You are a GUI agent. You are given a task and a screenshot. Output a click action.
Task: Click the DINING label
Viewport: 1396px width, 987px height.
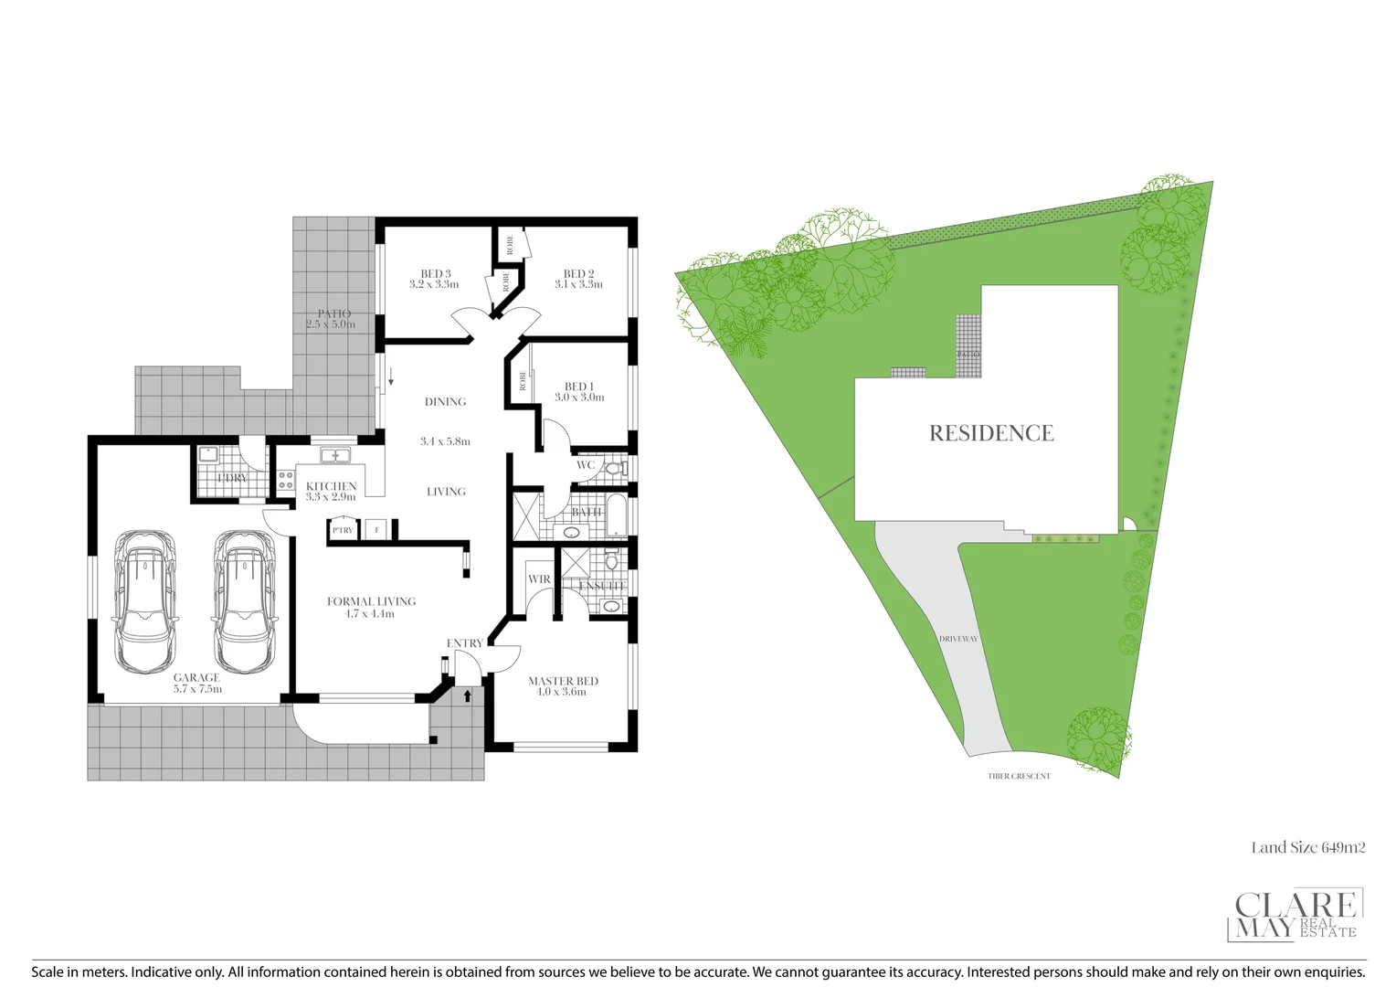click(445, 402)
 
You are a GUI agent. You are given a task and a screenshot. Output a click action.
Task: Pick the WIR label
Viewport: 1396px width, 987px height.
click(539, 578)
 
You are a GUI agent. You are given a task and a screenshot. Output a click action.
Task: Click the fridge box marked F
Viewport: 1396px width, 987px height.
click(376, 529)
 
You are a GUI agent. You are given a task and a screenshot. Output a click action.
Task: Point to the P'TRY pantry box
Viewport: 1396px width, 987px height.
click(343, 529)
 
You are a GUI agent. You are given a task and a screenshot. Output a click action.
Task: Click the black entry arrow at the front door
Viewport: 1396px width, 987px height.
click(469, 696)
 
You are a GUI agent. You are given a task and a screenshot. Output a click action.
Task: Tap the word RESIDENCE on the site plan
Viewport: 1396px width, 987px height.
click(991, 433)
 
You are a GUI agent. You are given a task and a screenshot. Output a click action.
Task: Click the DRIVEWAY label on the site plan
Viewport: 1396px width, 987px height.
click(957, 639)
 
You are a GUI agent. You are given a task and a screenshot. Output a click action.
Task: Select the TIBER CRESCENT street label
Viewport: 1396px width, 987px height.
click(1019, 777)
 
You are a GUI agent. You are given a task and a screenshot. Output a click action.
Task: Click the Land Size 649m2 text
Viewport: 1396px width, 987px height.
click(1307, 848)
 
